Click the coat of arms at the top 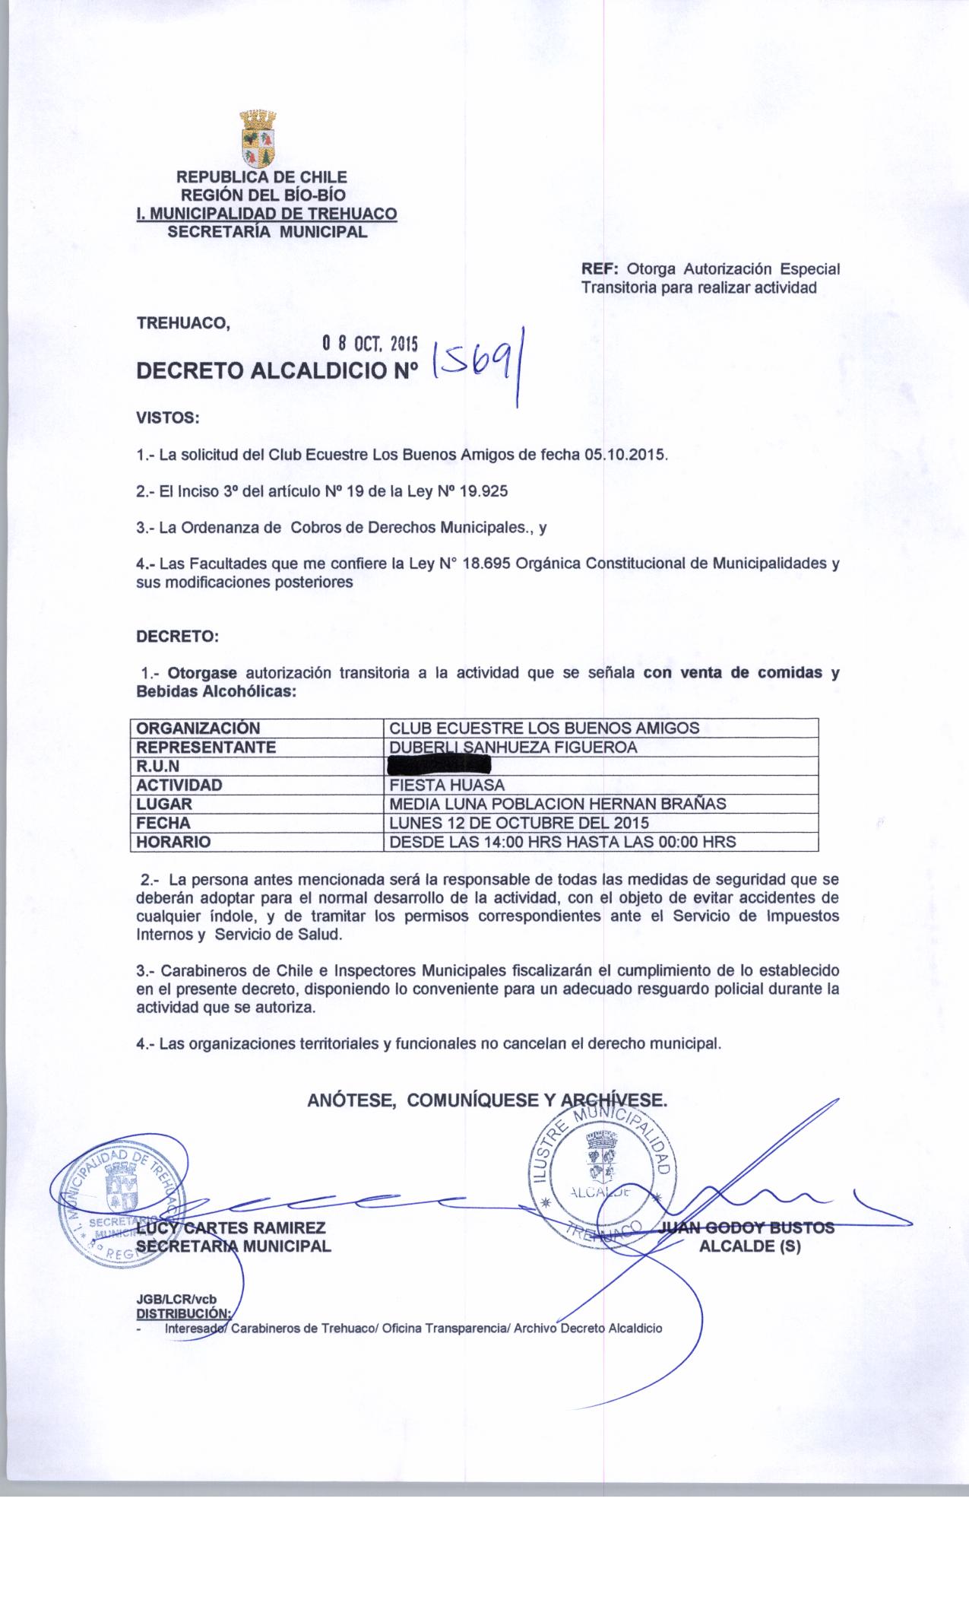tap(258, 139)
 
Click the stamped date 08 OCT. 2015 tap(370, 344)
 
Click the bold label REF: tap(600, 269)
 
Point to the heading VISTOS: tap(167, 418)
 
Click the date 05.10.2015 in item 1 tap(625, 455)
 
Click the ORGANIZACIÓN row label tap(198, 728)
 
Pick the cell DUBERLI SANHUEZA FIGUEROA tap(513, 747)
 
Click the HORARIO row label tap(173, 842)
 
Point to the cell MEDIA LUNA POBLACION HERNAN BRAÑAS tap(557, 804)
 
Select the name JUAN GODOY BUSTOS tap(748, 1227)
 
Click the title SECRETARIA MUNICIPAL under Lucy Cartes tap(233, 1246)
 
